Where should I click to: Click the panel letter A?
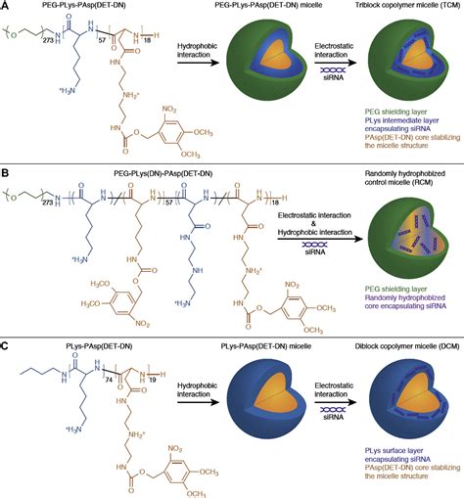(7, 8)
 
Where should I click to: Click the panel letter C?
(7, 346)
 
